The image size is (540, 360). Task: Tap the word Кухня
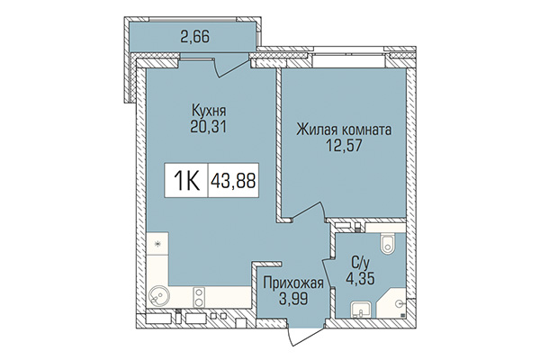click(x=207, y=111)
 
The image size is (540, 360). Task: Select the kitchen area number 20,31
click(x=207, y=127)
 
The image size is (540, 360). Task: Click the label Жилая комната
click(x=343, y=130)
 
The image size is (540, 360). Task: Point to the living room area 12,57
click(x=343, y=146)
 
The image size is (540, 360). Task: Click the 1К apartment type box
click(x=185, y=180)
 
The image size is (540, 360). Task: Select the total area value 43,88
click(x=231, y=180)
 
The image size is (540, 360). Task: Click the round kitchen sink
click(x=159, y=295)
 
